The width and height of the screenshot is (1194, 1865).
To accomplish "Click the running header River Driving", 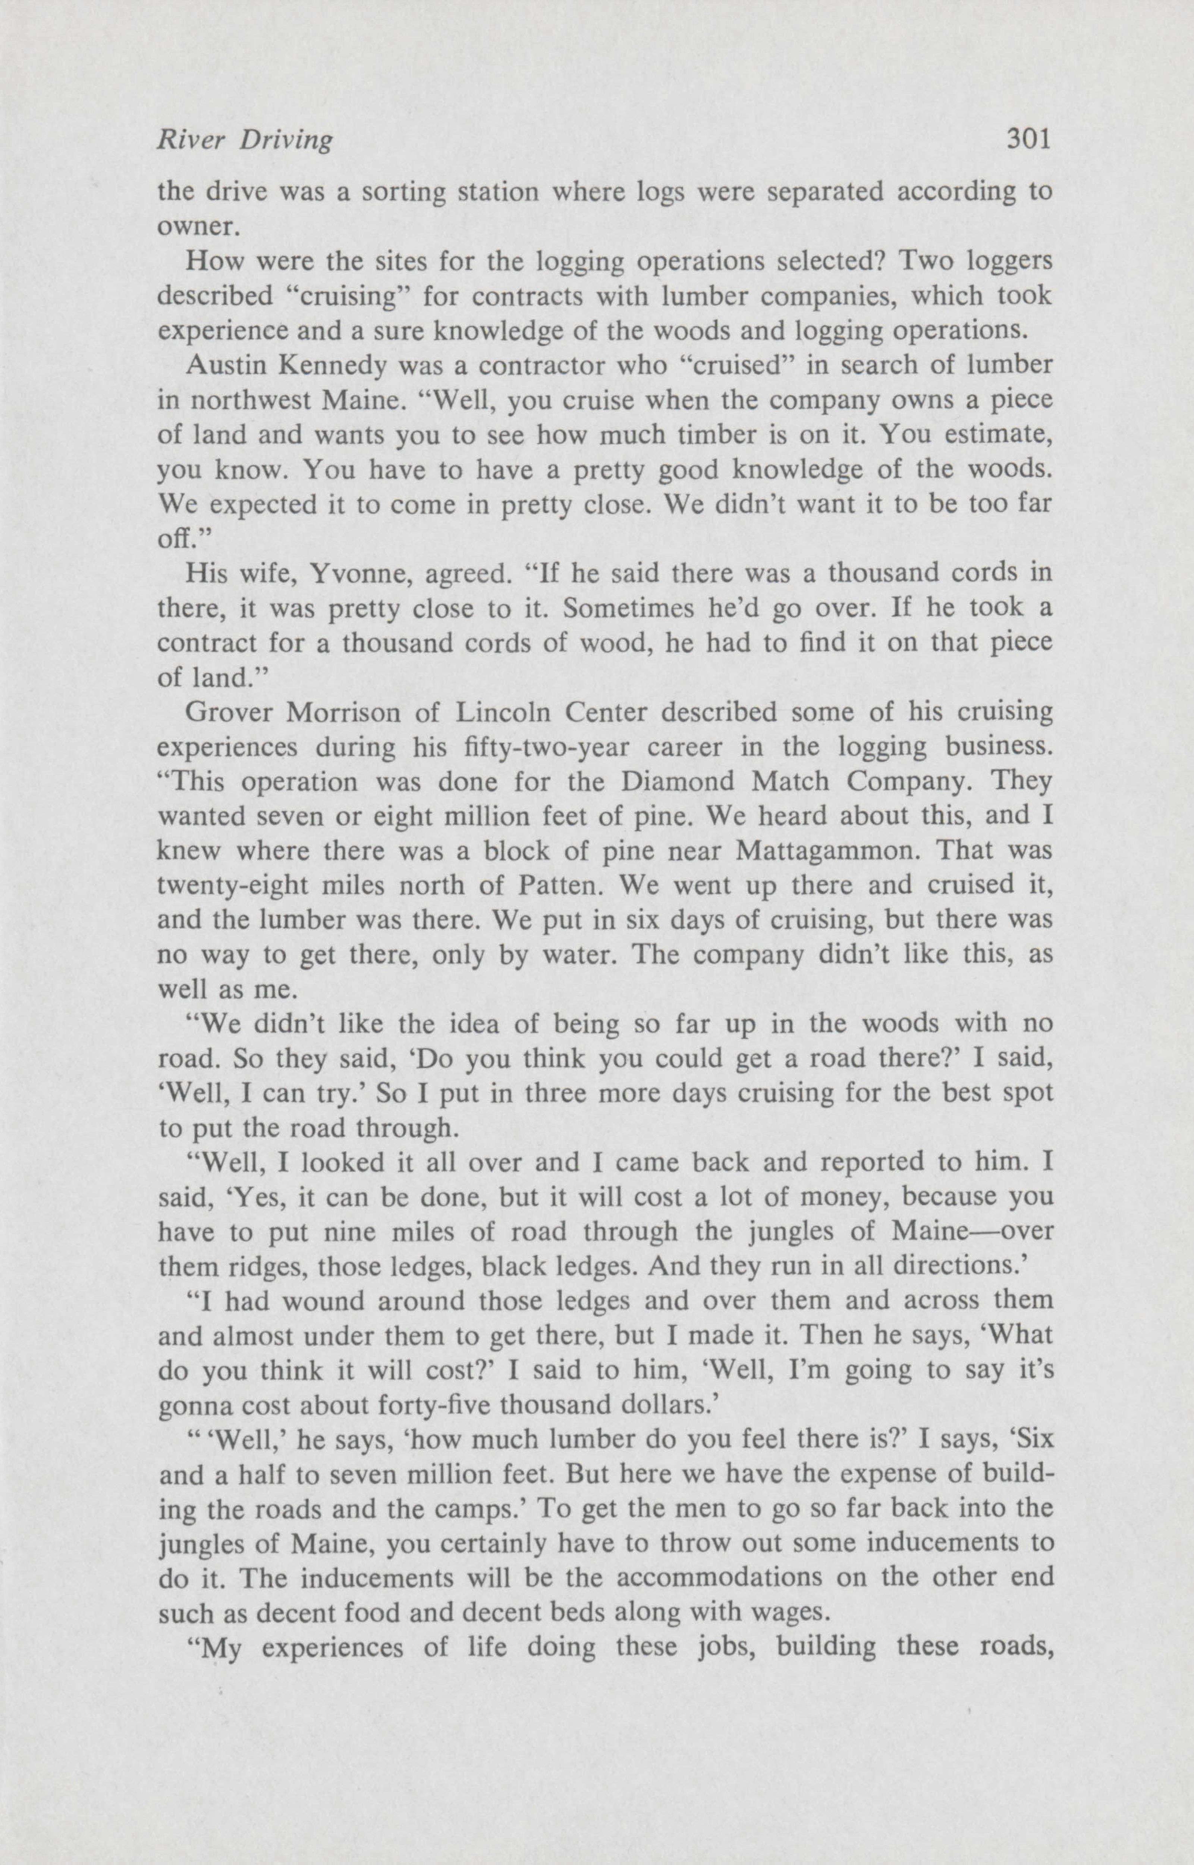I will (245, 140).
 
